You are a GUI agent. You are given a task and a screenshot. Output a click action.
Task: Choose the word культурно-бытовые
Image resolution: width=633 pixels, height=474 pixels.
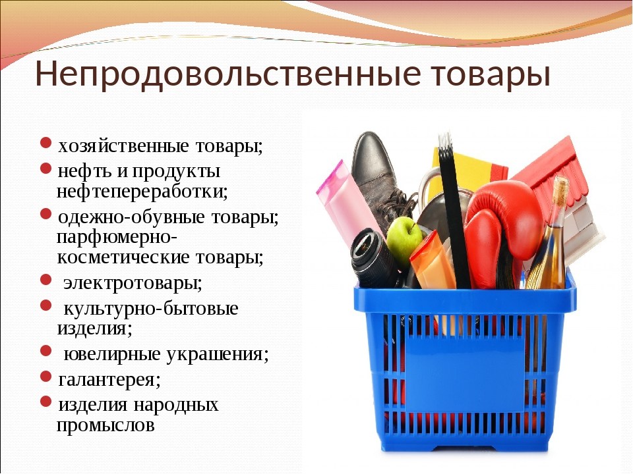tap(151, 307)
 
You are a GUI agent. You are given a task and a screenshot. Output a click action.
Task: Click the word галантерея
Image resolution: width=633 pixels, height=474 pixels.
tap(109, 379)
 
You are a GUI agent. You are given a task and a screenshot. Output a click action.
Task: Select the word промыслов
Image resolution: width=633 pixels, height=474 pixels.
tap(106, 425)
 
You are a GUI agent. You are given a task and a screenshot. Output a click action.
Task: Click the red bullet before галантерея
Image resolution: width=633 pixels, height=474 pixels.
tap(45, 377)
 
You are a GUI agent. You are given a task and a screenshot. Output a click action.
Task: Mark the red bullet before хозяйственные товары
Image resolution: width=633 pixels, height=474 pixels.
tap(45, 144)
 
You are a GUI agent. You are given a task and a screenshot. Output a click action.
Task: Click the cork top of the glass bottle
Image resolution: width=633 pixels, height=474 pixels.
tap(560, 188)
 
